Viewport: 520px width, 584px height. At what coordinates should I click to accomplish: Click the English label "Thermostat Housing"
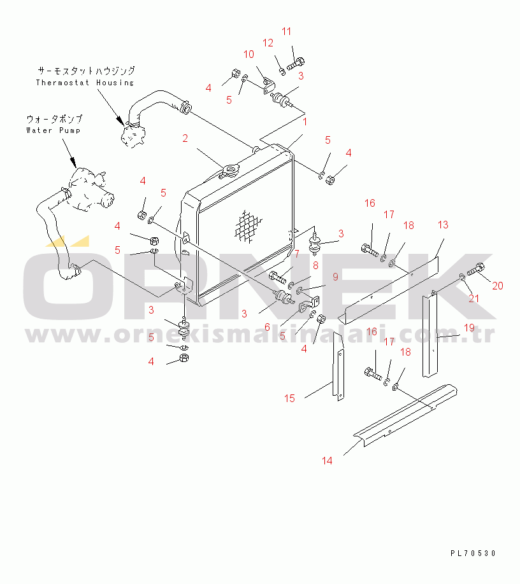pos(85,83)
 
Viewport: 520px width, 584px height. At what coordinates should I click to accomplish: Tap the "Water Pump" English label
pos(54,130)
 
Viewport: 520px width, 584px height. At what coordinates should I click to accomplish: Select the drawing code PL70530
pos(473,553)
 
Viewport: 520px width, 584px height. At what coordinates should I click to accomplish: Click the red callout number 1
pos(305,122)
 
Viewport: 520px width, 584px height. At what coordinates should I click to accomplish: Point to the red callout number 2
pos(185,139)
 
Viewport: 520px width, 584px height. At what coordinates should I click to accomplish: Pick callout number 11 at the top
pos(287,32)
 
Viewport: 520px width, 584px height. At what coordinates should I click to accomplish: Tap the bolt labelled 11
pos(296,64)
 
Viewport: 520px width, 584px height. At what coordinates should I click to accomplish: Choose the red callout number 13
pos(443,225)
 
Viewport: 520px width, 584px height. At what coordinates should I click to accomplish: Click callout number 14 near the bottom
pos(327,461)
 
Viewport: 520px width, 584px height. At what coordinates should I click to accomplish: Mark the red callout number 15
pos(289,398)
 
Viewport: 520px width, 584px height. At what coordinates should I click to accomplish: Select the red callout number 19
pos(469,328)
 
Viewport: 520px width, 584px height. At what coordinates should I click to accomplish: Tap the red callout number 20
pos(498,286)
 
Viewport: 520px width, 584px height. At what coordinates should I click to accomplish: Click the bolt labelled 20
pos(475,268)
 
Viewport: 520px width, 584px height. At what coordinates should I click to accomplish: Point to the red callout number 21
pos(473,299)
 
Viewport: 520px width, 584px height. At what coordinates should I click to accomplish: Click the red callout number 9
pos(335,277)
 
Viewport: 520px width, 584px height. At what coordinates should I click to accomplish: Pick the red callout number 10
pos(249,55)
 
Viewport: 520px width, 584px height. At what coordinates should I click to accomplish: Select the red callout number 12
pos(268,43)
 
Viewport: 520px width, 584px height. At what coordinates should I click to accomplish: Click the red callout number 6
pos(267,328)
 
